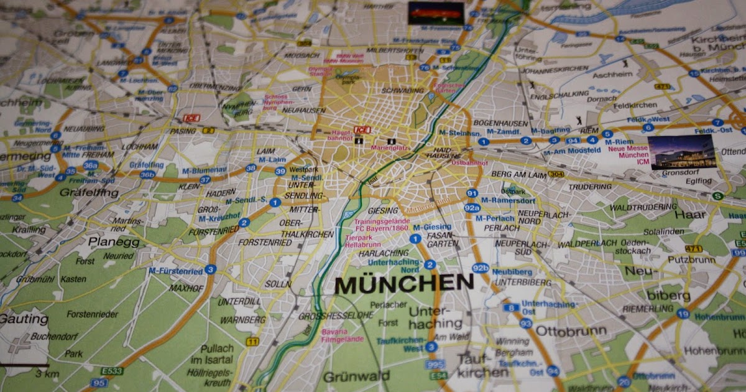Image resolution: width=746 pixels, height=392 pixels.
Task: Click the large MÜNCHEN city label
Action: tap(404, 284)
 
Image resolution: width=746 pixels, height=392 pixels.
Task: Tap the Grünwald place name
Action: tap(356, 376)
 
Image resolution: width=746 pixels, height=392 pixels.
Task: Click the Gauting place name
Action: tap(24, 319)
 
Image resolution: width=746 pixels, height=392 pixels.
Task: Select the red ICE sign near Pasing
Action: tap(190, 118)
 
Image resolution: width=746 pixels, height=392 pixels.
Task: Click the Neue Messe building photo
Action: tap(681, 152)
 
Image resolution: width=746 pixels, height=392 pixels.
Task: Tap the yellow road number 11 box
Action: tap(252, 342)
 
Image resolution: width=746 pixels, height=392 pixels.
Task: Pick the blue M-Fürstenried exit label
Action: tap(176, 271)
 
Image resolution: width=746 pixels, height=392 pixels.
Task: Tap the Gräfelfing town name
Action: tap(89, 193)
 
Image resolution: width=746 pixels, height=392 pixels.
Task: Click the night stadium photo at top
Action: tap(436, 13)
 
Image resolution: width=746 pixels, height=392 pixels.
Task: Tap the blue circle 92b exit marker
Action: tap(480, 268)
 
